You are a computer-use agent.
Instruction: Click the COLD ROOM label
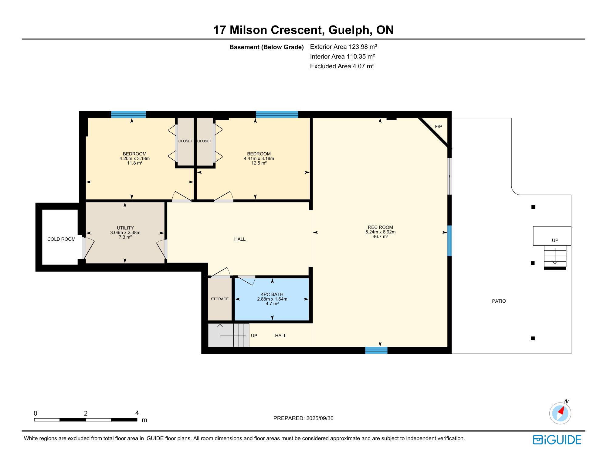tap(61, 239)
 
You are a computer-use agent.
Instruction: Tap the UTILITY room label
tap(125, 228)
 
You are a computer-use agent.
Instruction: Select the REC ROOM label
tap(380, 227)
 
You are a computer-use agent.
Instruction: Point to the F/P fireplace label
tap(439, 127)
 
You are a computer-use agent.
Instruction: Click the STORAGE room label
tap(220, 299)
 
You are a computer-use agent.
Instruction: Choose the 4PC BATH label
tap(272, 294)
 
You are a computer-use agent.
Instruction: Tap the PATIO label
tap(499, 301)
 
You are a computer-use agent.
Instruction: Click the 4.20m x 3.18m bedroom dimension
tap(134, 158)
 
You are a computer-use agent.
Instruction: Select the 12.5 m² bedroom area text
tap(259, 163)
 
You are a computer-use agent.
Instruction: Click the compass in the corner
tap(560, 413)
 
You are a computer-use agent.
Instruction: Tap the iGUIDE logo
tap(557, 440)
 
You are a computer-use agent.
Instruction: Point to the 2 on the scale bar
tap(86, 413)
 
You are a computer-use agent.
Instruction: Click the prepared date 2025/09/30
tap(320, 418)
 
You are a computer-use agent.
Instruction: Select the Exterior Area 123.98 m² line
tap(344, 47)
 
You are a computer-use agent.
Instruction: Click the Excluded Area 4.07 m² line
tap(342, 66)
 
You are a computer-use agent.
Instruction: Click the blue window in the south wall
tap(376, 350)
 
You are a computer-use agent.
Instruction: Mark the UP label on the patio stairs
tap(555, 240)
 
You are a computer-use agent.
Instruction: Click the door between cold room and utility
tap(88, 248)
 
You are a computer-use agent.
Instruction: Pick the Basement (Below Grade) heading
tap(266, 47)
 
